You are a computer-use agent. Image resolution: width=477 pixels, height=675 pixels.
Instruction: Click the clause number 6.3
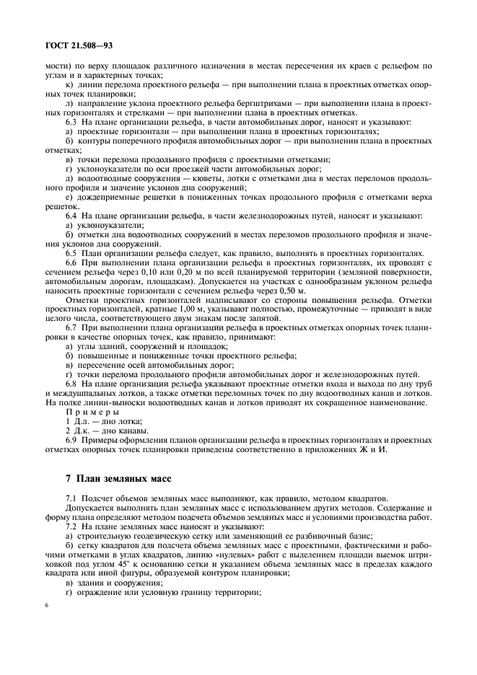pos(71,123)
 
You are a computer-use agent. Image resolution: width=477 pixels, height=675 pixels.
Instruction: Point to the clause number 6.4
pos(71,216)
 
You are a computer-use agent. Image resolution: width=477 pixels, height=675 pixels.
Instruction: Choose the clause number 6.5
pos(71,253)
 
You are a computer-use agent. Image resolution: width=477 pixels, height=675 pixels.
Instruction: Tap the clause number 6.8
pos(71,384)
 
